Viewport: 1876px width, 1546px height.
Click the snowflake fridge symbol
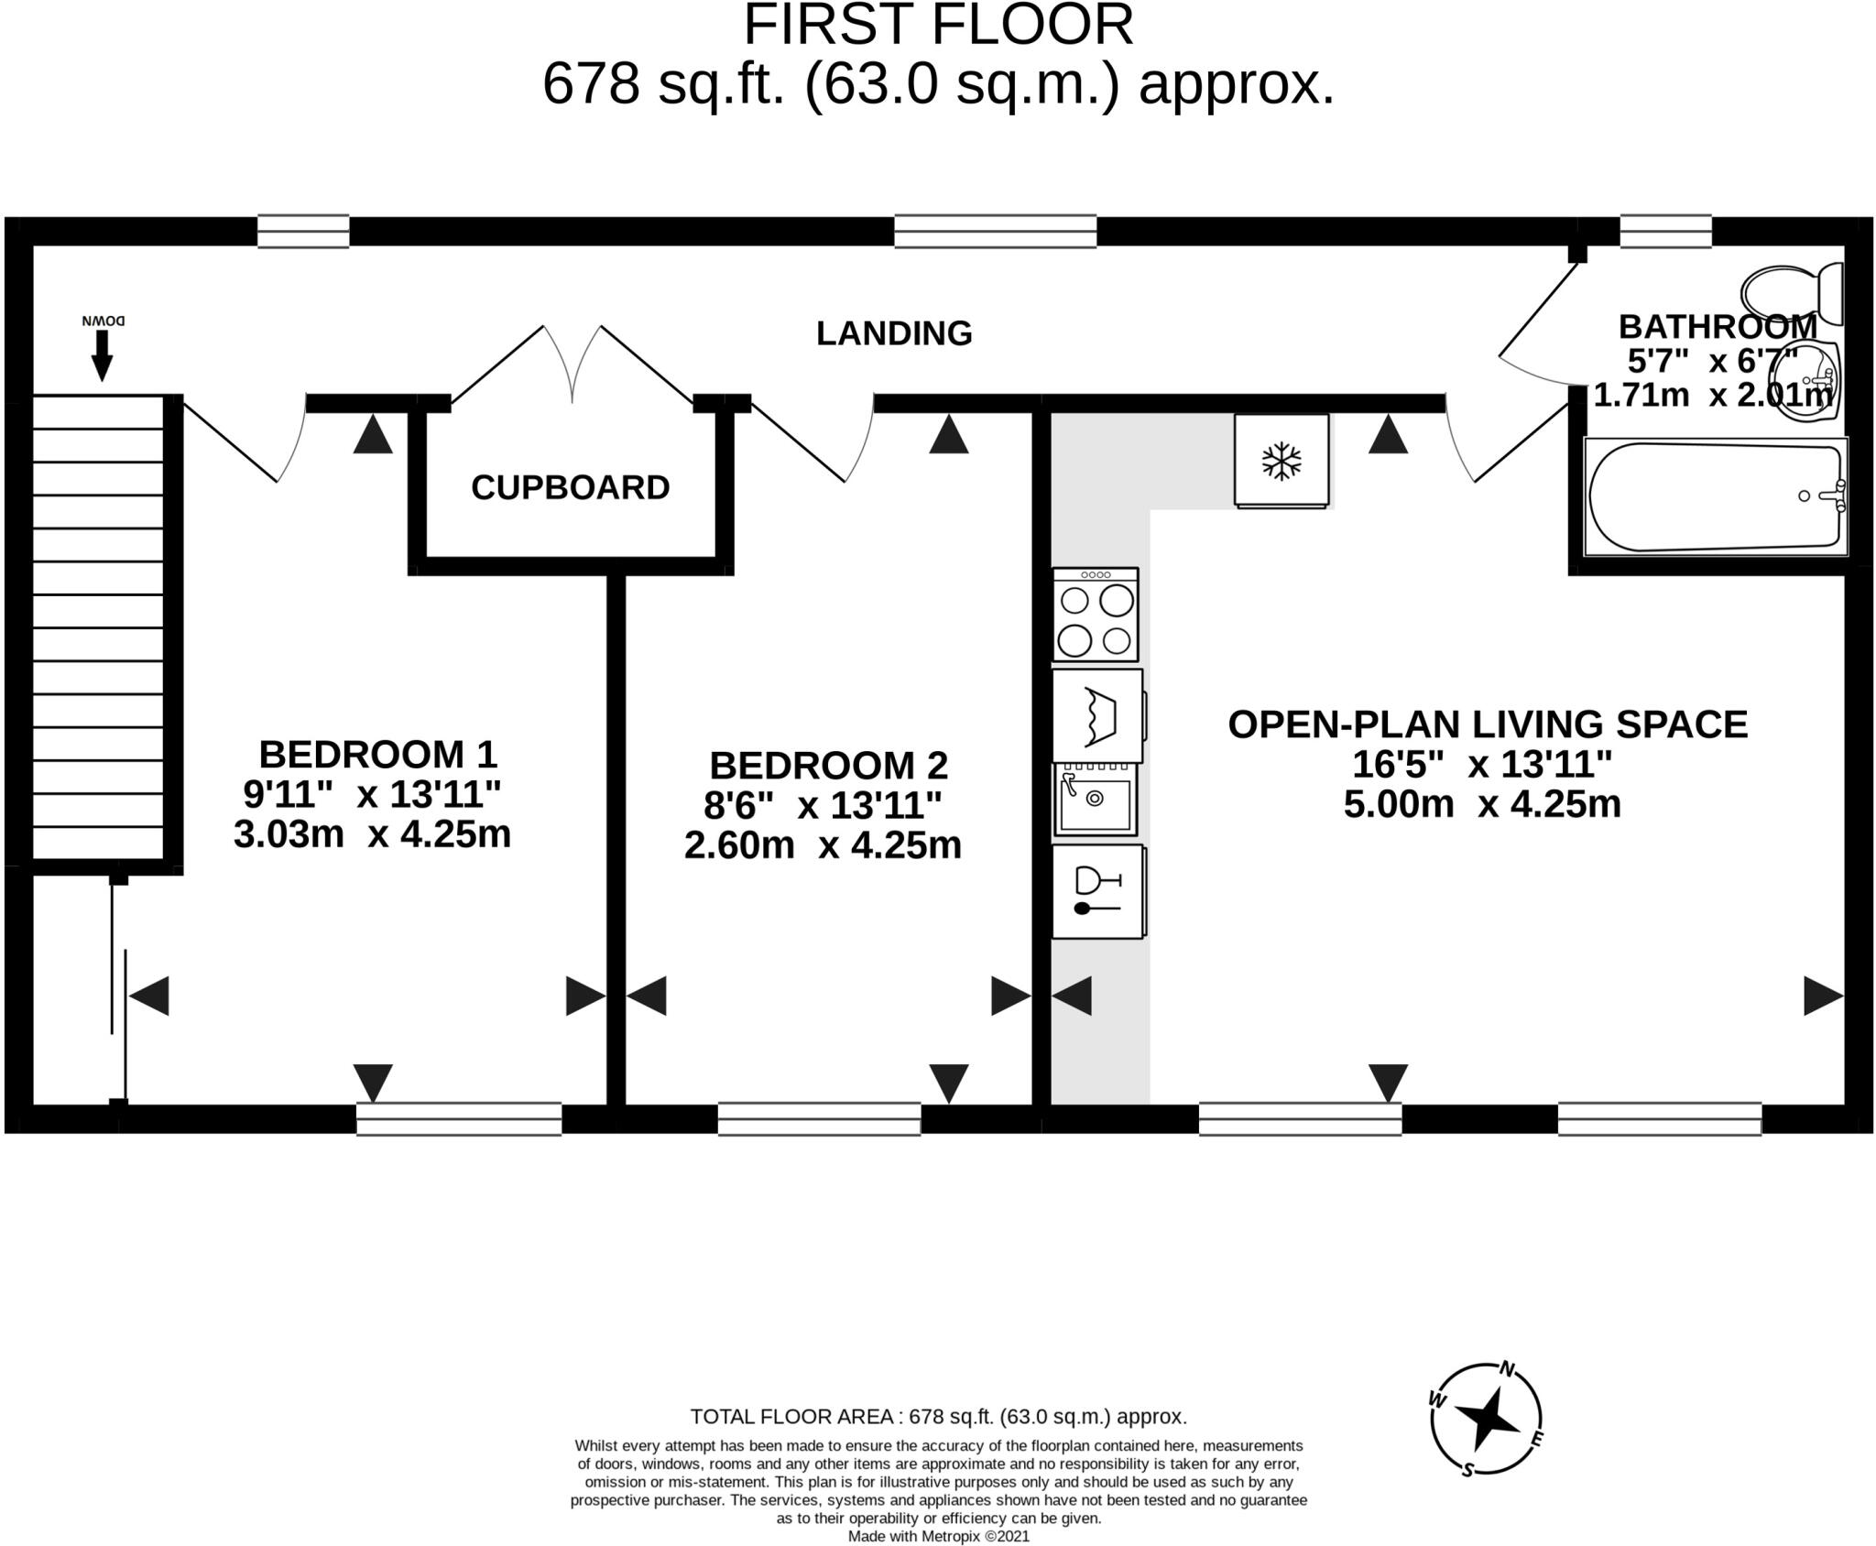tap(1281, 461)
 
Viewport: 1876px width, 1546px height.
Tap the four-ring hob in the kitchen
tap(1096, 615)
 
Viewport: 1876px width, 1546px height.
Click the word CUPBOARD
tap(570, 487)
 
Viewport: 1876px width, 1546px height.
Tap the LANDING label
tap(894, 333)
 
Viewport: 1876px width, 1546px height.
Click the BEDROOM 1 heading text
tap(377, 755)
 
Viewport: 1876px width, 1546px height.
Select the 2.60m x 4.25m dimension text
tap(823, 844)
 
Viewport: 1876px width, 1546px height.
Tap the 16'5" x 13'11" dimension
tap(1481, 764)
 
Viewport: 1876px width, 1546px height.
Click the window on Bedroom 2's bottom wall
tap(819, 1119)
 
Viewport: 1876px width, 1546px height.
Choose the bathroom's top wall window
tap(1665, 231)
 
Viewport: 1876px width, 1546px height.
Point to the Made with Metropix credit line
tap(938, 1536)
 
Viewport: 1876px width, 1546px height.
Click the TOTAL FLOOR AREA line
tap(938, 1417)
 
